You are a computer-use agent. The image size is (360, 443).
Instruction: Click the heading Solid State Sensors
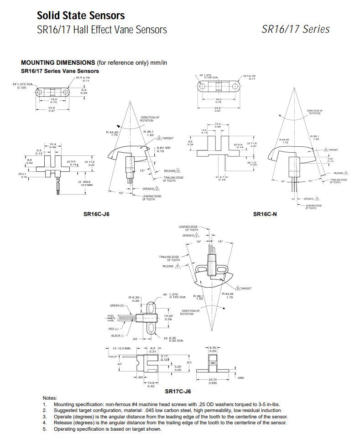81,15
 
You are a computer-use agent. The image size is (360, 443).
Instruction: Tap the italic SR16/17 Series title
295,29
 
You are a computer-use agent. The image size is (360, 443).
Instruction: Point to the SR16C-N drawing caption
265,214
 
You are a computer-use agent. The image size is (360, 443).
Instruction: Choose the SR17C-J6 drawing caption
178,391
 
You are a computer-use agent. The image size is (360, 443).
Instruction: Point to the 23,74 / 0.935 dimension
213,381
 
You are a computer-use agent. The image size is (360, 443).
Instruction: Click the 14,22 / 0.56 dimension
168,317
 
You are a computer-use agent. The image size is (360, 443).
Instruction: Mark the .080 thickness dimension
241,377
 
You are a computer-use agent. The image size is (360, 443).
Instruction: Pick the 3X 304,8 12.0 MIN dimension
86,184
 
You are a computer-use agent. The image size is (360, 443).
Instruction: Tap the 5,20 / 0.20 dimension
178,368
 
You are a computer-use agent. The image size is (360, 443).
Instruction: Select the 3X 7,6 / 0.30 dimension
252,163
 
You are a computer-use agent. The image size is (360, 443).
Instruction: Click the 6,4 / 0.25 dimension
83,91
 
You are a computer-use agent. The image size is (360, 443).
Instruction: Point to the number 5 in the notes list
45,429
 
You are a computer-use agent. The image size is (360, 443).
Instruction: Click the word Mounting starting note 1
64,404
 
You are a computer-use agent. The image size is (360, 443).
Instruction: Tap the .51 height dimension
189,362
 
